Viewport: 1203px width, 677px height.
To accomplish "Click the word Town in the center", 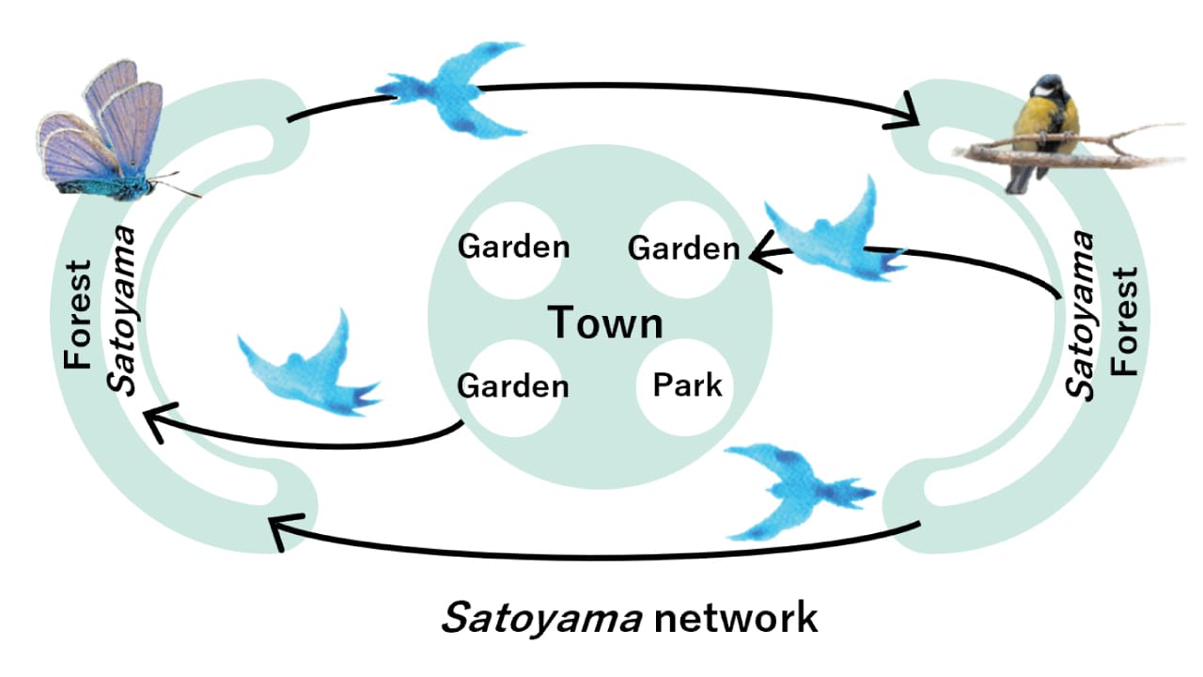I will coord(605,323).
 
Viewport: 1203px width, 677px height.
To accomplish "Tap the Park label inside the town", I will coord(688,385).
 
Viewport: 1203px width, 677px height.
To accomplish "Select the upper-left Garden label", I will coord(513,247).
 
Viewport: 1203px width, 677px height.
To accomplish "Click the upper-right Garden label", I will coord(683,249).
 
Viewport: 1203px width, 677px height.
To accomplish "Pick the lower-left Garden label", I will coord(512,386).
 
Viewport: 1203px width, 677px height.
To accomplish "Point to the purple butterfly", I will coord(103,132).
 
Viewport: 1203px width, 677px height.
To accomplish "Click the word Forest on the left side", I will coord(79,314).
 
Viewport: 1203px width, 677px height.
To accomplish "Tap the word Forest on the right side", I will coord(1123,321).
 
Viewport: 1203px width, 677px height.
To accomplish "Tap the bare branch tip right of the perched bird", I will coord(1175,126).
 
